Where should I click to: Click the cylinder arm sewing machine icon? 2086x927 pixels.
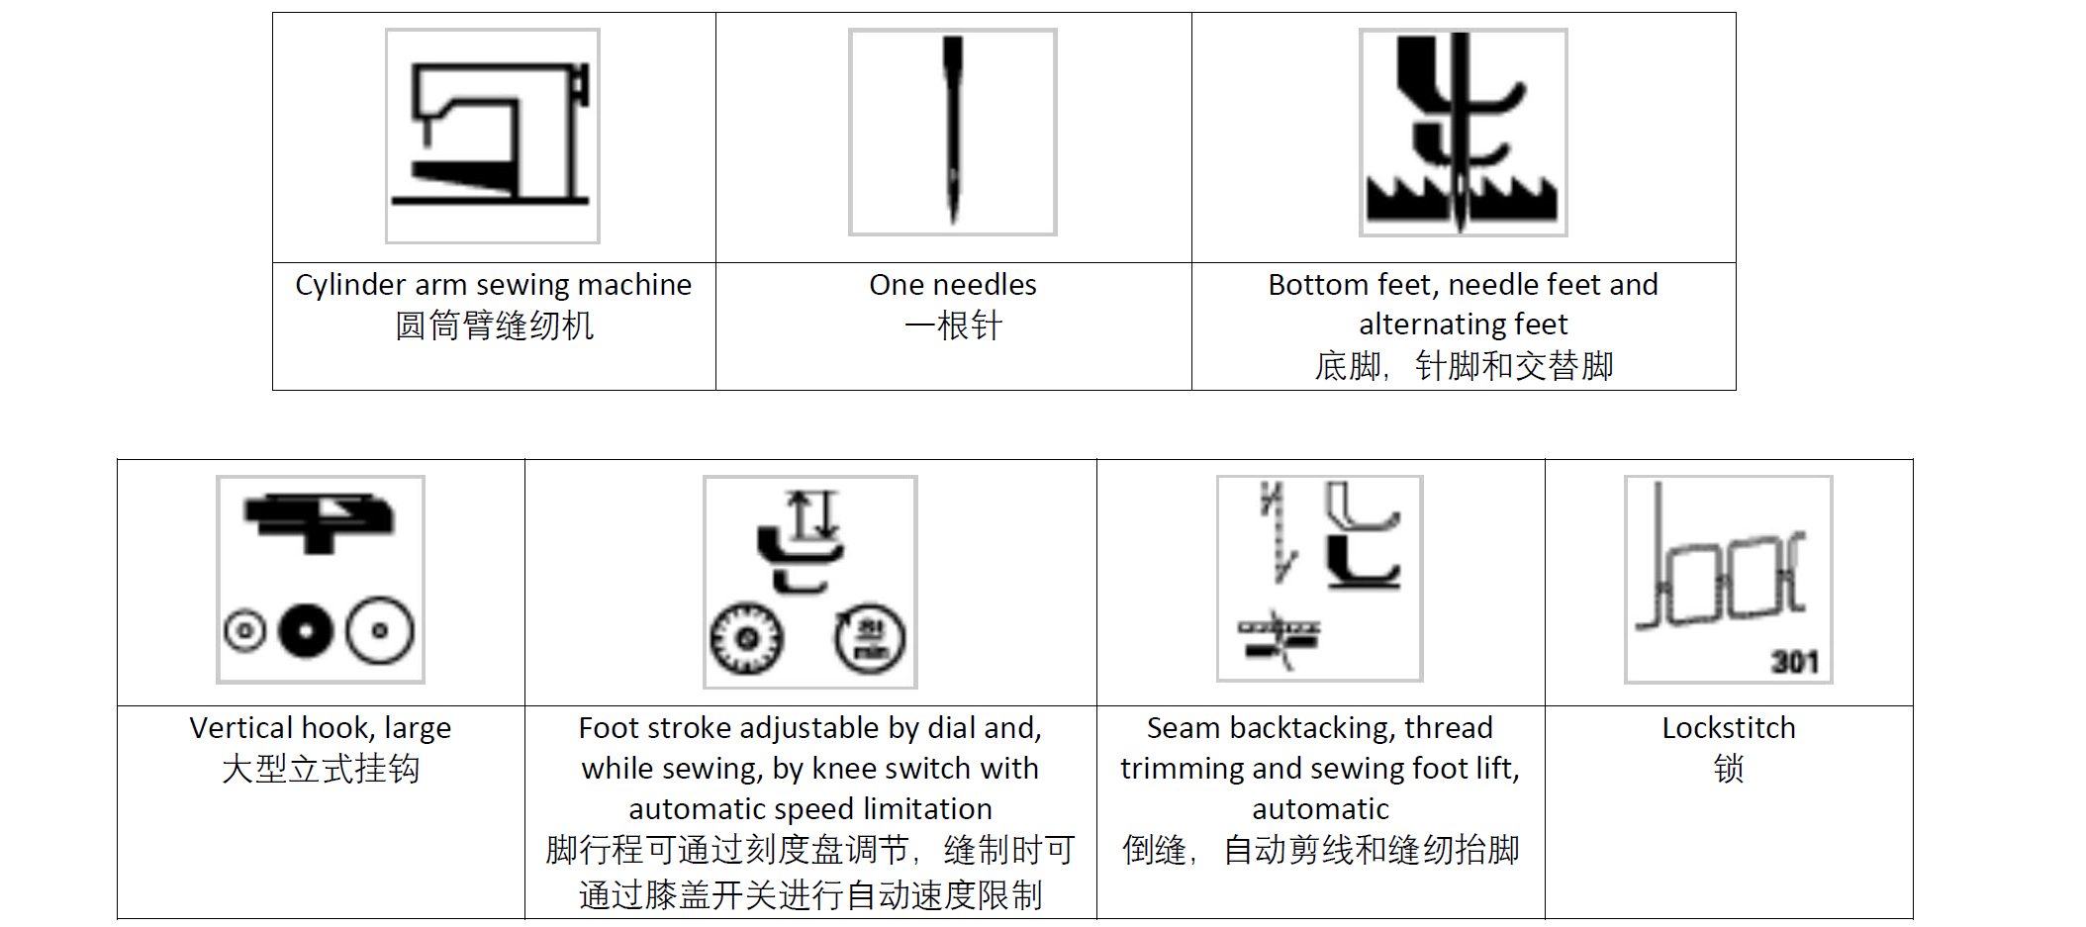point(493,136)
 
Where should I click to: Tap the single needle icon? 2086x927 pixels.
point(953,132)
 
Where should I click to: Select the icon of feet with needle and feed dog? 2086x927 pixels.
point(1463,133)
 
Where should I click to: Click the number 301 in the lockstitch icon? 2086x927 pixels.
point(1794,661)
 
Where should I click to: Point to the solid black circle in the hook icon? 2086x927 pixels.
point(307,630)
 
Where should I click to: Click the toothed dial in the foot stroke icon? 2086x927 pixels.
point(747,638)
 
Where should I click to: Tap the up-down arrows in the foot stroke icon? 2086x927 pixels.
point(812,515)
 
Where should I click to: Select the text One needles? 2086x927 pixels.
point(953,285)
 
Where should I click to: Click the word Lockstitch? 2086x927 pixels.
point(1728,728)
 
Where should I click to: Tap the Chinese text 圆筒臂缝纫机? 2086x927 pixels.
point(494,325)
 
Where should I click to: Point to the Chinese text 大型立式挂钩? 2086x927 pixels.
point(321,769)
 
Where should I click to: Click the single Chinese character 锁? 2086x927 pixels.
point(1729,769)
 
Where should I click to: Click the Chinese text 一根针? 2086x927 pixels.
point(953,325)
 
